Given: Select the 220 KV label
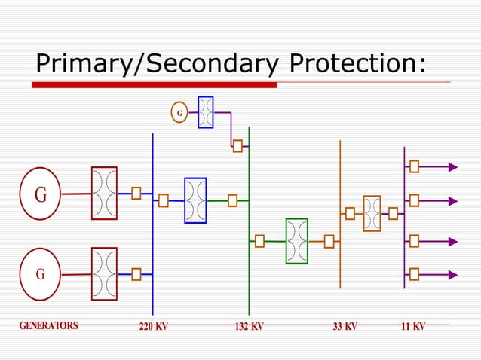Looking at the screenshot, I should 153,327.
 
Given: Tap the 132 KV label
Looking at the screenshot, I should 249,327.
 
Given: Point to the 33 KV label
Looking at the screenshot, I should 345,327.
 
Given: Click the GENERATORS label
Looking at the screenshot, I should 48,326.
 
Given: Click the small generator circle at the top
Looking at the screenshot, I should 179,113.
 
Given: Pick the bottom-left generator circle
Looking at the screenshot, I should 41,273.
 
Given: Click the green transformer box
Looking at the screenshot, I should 296,241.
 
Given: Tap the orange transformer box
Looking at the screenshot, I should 372,213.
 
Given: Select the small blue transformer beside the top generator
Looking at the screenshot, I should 205,112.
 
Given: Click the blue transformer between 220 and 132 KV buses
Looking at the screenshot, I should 195,200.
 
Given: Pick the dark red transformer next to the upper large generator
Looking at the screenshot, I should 104,194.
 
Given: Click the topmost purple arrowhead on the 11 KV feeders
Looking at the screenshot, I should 453,167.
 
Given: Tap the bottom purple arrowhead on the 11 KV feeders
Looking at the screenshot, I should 453,273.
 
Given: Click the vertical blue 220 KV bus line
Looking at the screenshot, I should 153,226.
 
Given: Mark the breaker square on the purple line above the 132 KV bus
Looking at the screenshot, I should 237,146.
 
